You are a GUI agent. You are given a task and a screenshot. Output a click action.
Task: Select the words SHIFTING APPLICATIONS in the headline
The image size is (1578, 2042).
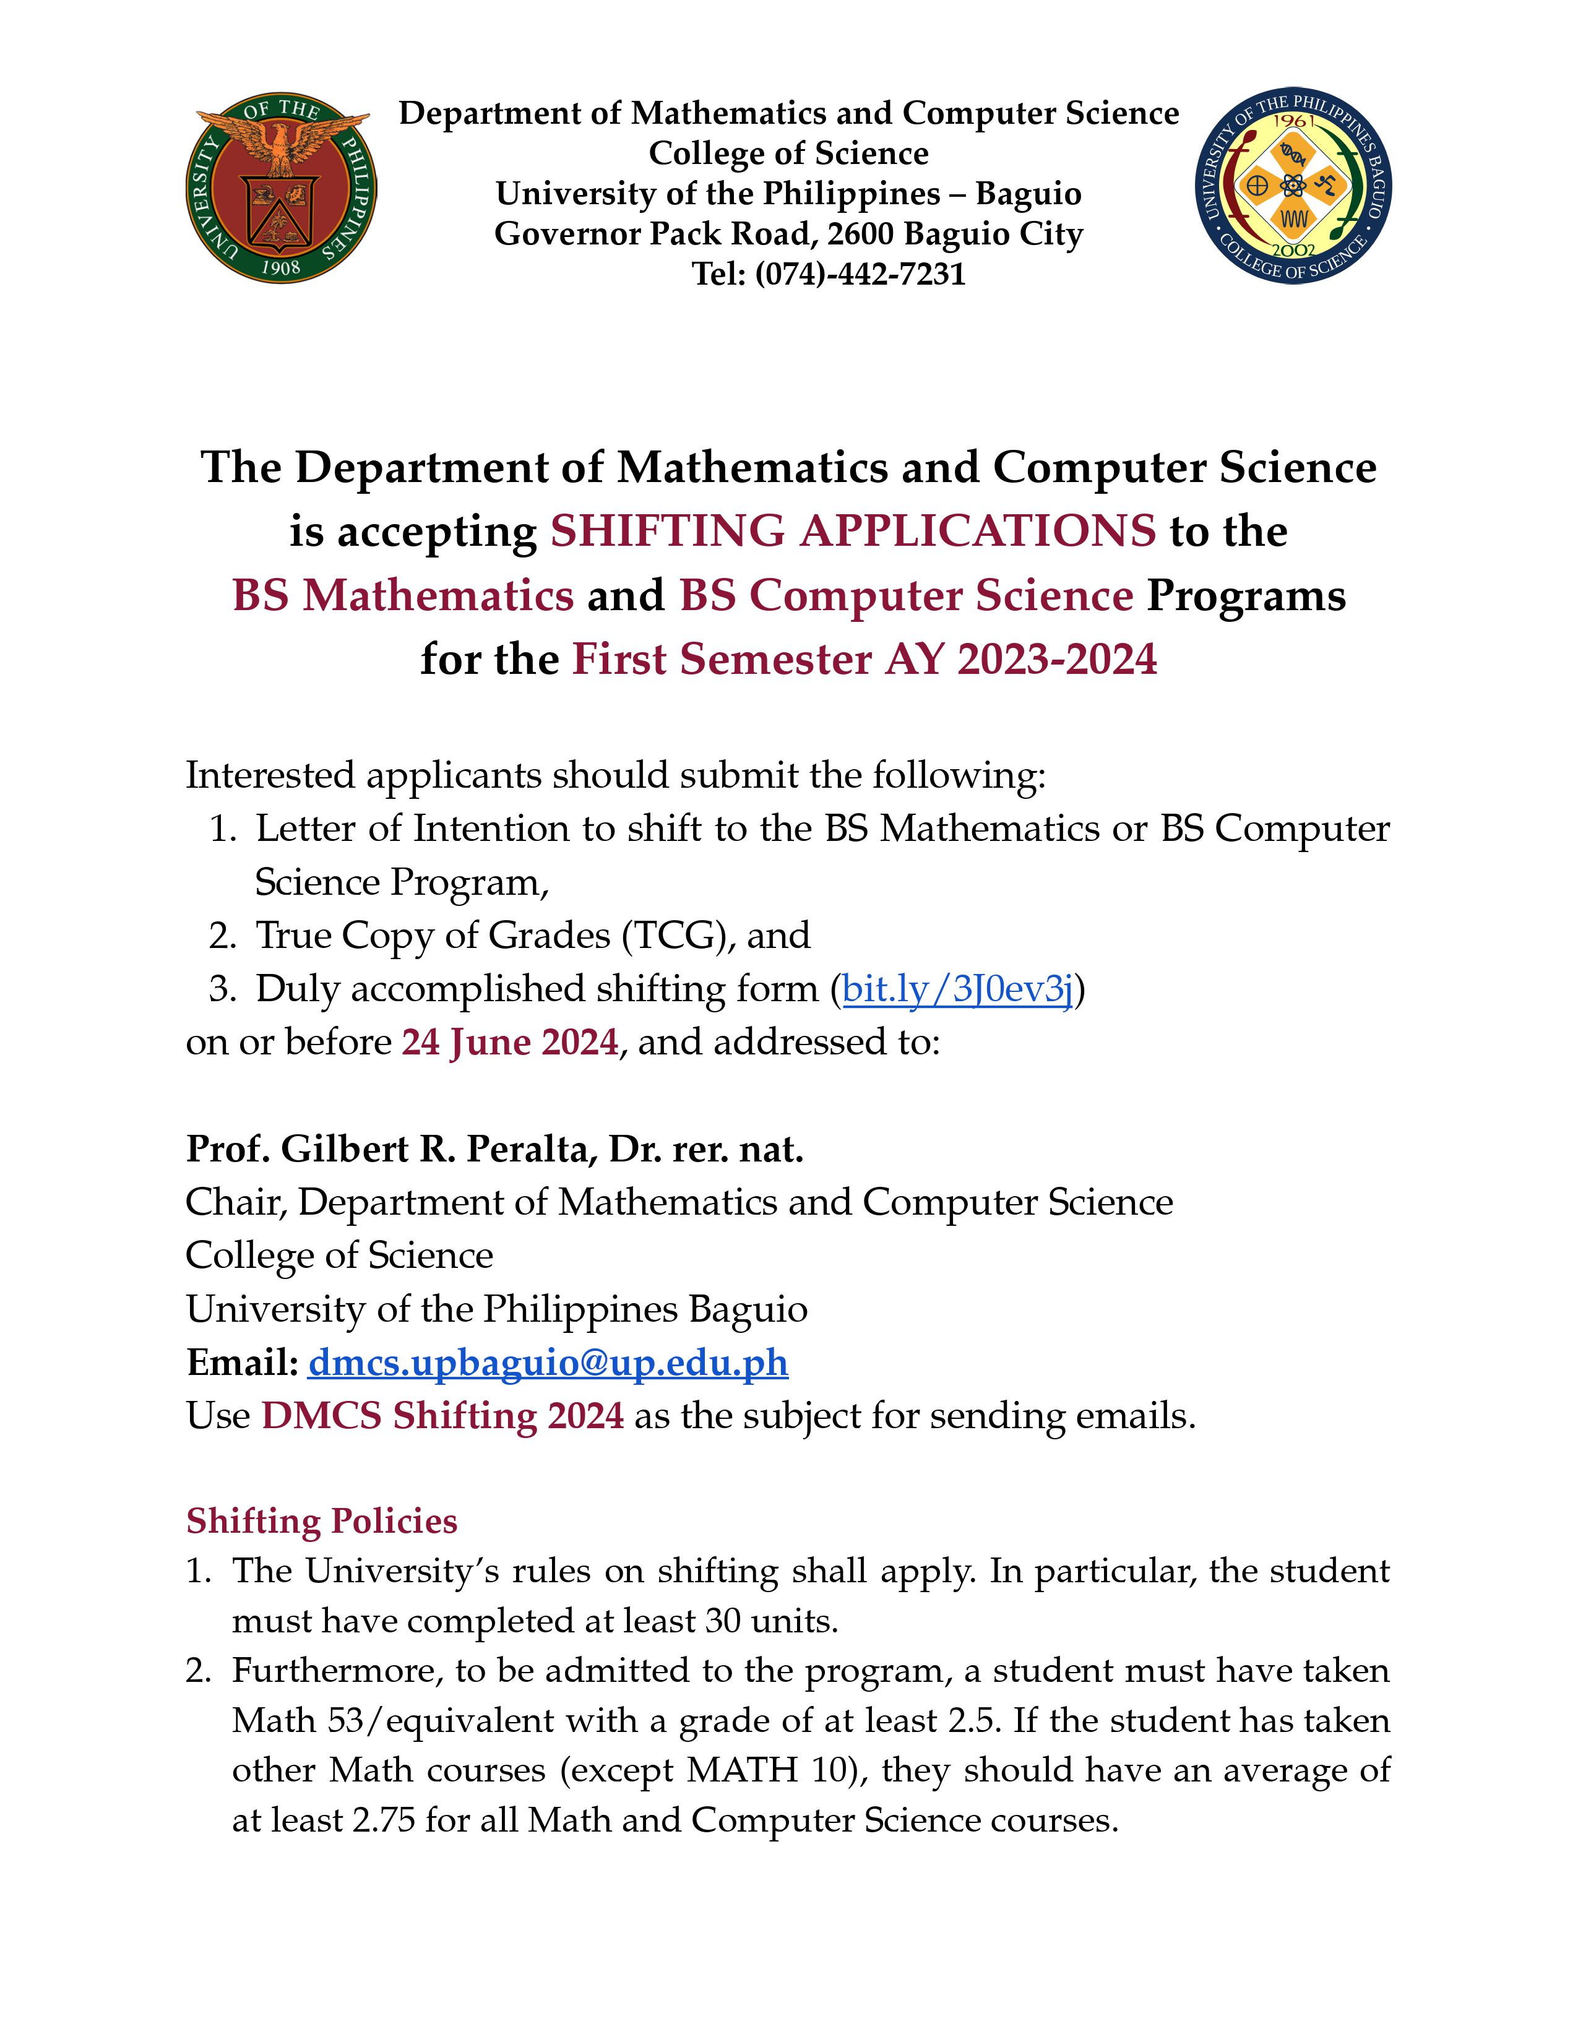pos(853,531)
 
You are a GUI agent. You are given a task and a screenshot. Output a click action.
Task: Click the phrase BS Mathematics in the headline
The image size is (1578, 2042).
pos(403,595)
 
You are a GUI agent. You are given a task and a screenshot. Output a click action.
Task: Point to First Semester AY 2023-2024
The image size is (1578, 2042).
pos(864,659)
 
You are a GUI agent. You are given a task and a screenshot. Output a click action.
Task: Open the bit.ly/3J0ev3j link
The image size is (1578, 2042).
pos(957,988)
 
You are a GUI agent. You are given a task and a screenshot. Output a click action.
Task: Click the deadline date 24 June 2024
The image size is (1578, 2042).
pos(509,1041)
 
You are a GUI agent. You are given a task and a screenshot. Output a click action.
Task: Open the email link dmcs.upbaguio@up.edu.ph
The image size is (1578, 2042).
pos(548,1363)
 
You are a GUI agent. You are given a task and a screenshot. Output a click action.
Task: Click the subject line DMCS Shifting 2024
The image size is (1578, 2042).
pos(442,1416)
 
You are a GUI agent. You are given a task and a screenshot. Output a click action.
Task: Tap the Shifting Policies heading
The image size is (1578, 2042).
pos(322,1521)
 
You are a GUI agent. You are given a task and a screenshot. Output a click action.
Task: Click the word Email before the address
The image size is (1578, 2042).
pos(240,1363)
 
